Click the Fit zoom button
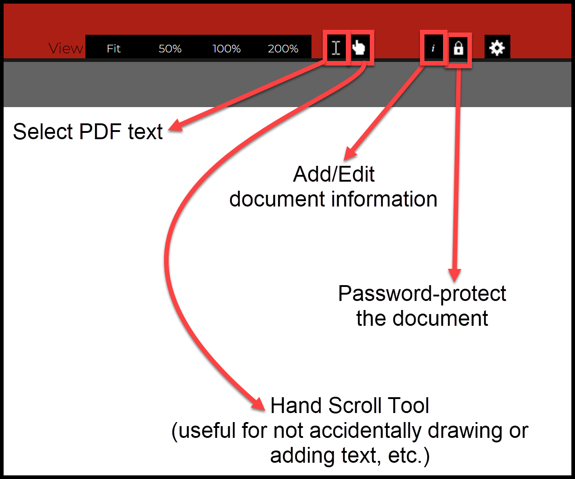[x=113, y=49]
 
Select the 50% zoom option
[x=170, y=49]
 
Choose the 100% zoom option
[x=226, y=49]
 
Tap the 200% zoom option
[x=283, y=49]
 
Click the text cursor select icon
[x=336, y=48]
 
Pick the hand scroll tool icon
[x=358, y=47]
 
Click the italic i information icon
[x=433, y=48]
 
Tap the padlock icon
[x=458, y=48]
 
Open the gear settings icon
[x=497, y=48]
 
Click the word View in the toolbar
[x=66, y=48]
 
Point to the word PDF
[x=100, y=131]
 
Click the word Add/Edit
[x=334, y=174]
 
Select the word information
[x=384, y=199]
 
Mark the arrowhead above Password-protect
[x=455, y=276]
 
